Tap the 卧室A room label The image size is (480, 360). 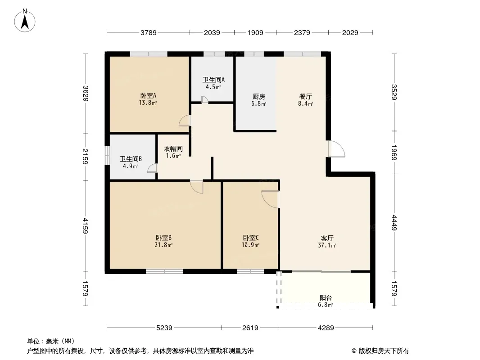148,95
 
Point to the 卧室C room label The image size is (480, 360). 250,238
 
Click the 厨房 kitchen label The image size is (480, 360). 258,96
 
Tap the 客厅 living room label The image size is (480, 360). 327,238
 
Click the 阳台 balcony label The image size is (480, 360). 326,297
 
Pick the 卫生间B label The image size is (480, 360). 131,159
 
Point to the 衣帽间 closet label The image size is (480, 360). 173,149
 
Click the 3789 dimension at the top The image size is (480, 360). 149,32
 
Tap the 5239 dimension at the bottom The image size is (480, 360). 164,328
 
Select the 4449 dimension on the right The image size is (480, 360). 394,223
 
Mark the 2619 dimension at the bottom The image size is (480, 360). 250,328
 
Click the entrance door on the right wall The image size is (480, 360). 336,149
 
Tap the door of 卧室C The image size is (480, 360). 270,199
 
